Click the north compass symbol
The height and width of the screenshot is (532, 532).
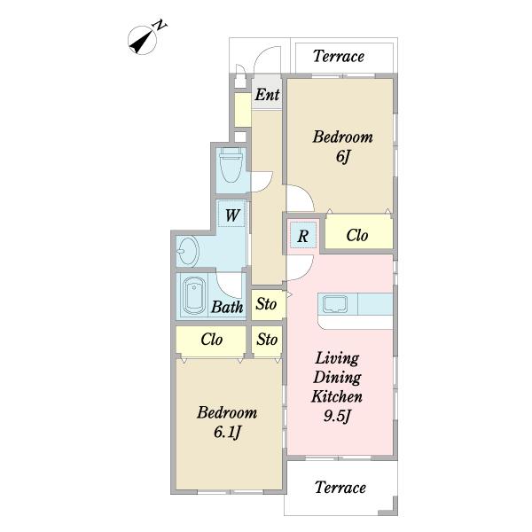coord(142,41)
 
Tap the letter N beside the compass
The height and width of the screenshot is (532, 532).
coord(160,26)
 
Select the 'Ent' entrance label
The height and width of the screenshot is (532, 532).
coord(268,95)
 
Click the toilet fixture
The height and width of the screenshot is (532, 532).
coord(231,165)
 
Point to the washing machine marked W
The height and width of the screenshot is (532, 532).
coord(231,214)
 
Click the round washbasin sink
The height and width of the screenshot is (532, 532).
coord(188,251)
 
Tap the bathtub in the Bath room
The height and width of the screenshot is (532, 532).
coord(194,297)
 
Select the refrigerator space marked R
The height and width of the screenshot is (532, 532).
coord(303,236)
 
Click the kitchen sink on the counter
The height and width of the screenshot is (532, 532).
coord(335,304)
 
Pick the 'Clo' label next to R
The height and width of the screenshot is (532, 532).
coord(357,235)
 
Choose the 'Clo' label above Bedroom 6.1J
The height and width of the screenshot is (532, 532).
coord(211,340)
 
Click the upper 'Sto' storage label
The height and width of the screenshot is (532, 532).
coord(266,304)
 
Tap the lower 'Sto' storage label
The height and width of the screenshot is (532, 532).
coord(267,340)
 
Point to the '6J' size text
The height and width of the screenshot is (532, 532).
coord(342,156)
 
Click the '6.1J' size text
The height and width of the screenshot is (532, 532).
coord(227,433)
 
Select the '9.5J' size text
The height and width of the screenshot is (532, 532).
coord(337,416)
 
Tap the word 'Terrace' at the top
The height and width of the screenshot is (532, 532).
coord(339,57)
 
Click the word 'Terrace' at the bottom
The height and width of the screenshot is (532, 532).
coord(340,488)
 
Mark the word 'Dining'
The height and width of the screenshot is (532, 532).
coord(337,378)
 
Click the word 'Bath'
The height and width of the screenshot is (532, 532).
coord(227,307)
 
